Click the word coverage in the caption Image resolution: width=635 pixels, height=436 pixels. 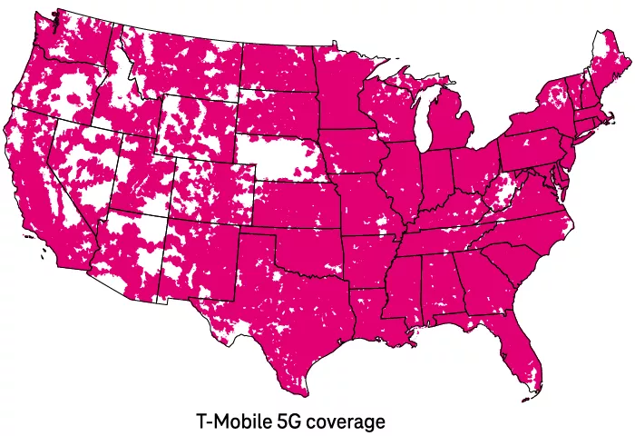pos(345,422)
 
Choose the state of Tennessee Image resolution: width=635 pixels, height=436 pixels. pos(435,238)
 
